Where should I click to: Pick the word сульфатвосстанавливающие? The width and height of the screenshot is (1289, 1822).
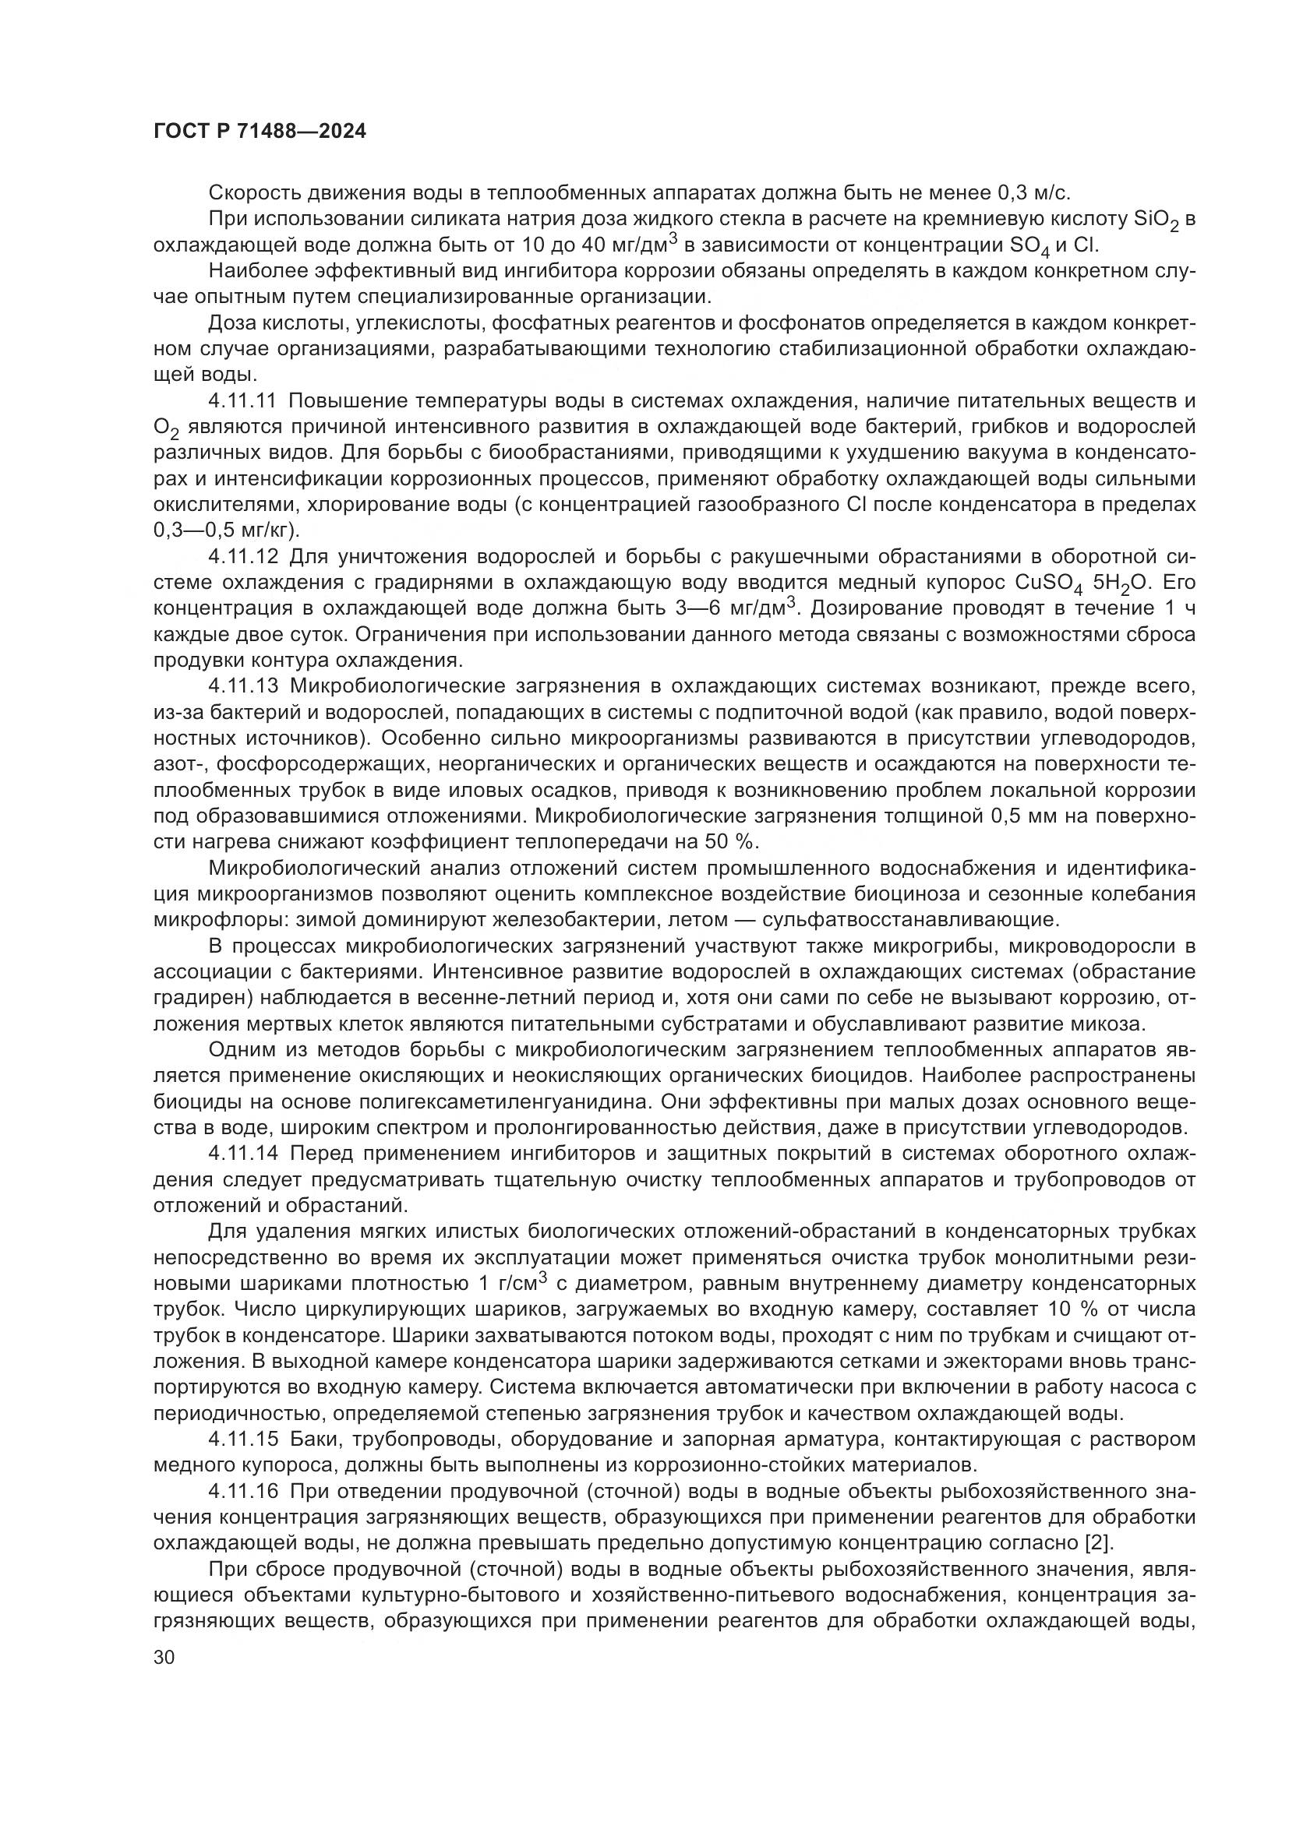[x=909, y=921]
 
